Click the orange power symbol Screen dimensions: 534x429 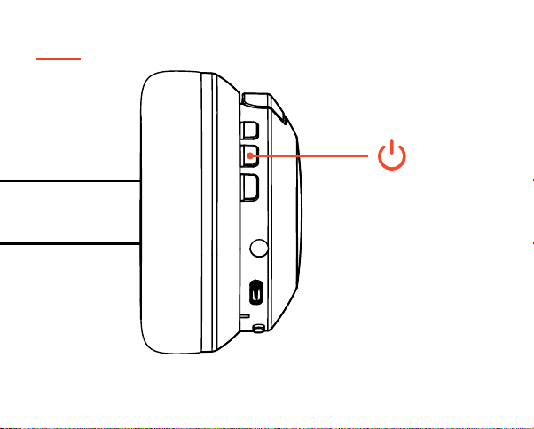coord(392,156)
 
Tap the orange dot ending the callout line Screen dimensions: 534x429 coord(252,156)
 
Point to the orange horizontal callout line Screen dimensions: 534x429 coord(310,156)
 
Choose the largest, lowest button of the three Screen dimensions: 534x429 coord(250,186)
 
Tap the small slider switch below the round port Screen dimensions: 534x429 coord(256,290)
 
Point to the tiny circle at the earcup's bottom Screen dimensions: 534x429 coord(258,328)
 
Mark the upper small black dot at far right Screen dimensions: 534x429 coord(531,180)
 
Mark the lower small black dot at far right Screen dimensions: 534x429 coord(531,242)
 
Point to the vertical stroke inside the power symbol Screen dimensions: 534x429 coord(392,148)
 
